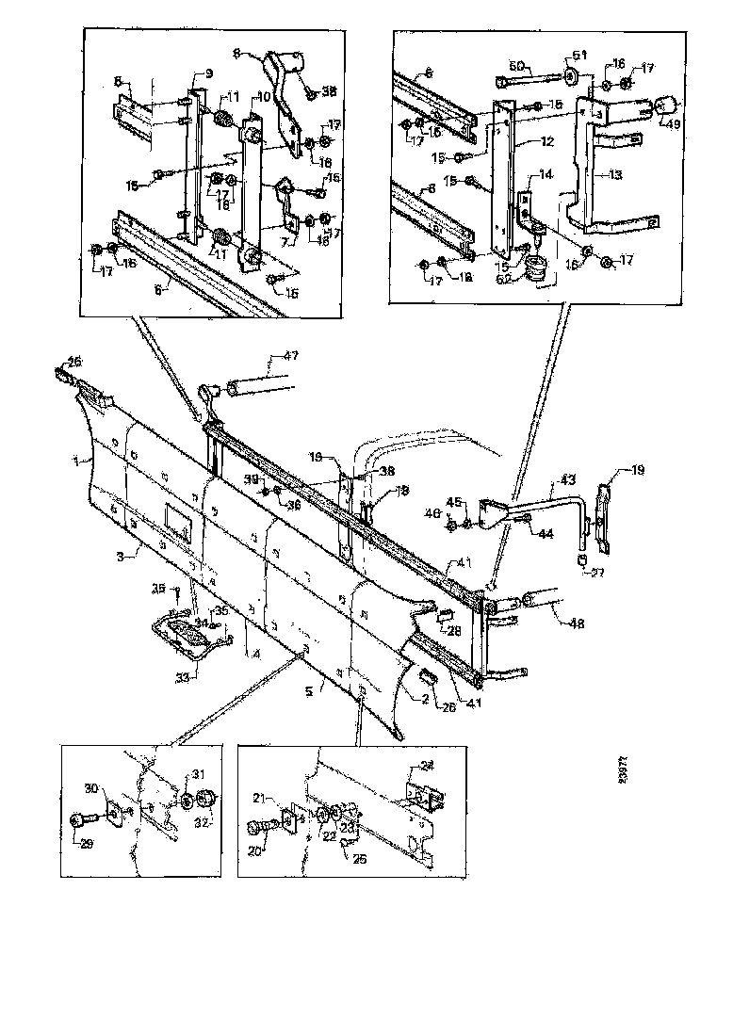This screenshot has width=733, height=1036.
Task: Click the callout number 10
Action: click(x=264, y=98)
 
